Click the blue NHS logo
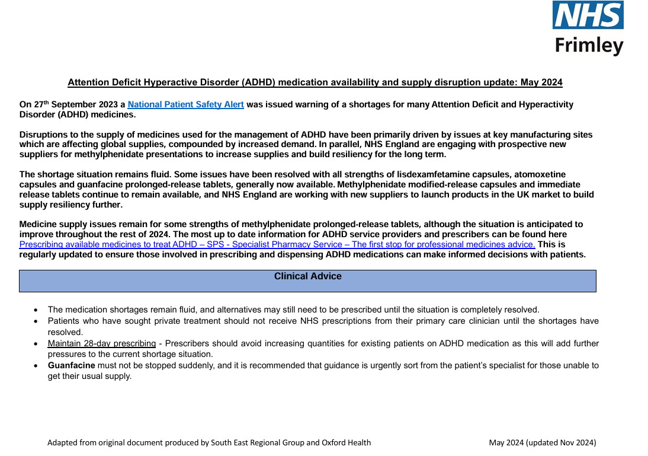pos(588,15)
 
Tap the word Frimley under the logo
pos(589,45)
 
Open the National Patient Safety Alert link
pos(185,104)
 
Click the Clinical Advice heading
pos(307,276)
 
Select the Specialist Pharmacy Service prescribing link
pos(277,244)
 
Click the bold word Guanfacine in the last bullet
pos(71,365)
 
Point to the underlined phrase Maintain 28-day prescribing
pos(102,343)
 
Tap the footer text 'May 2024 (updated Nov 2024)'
pos(542,442)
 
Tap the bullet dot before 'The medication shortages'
pos(36,310)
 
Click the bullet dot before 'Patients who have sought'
pos(36,321)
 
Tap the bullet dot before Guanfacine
pos(36,366)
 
